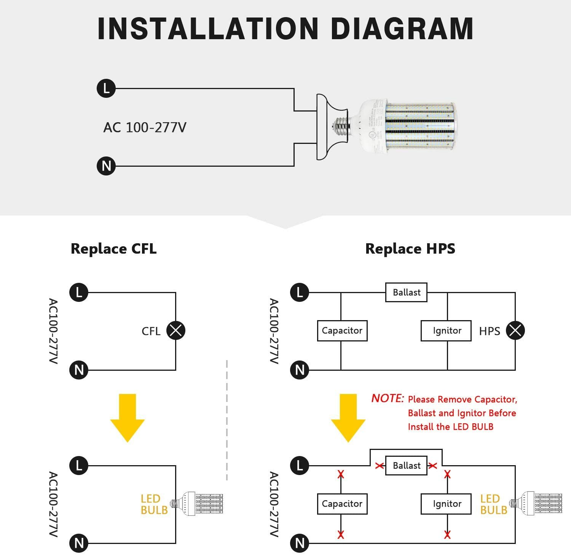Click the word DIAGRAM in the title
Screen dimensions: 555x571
[x=402, y=29]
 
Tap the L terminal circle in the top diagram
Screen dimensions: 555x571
[x=106, y=88]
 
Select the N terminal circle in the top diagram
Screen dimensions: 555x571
[x=106, y=166]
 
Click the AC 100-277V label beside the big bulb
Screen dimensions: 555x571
[x=145, y=127]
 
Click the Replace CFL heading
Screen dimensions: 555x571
[x=113, y=249]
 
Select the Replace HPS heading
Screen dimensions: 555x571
[x=410, y=249]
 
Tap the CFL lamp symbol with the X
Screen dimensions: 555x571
[x=175, y=330]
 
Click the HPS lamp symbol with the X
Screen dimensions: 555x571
[x=515, y=330]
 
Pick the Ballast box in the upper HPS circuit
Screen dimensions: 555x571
[x=406, y=292]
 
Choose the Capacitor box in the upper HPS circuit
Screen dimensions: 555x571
[x=342, y=330]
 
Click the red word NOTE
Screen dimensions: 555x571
[x=387, y=398]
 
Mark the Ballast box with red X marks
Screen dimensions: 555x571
[x=406, y=466]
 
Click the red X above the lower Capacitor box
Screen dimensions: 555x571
[x=341, y=474]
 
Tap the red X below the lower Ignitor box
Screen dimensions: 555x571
[x=447, y=534]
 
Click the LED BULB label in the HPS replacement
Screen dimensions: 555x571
[x=493, y=504]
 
